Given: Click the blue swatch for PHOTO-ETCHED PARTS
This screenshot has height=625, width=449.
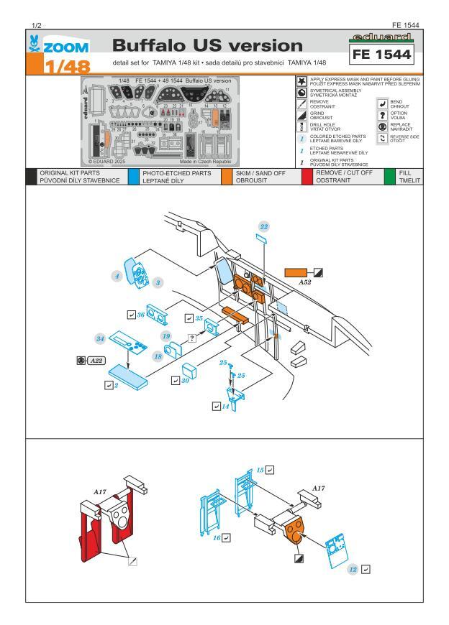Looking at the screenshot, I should [x=135, y=177].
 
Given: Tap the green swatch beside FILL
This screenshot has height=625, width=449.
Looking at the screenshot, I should [x=390, y=177].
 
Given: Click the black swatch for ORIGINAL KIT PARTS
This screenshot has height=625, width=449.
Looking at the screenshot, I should [x=30, y=177].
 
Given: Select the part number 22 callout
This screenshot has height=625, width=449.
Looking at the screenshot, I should [x=264, y=226].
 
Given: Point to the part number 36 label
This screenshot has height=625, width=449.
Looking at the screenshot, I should [x=142, y=315].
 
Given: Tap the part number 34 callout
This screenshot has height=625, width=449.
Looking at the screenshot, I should [x=101, y=338].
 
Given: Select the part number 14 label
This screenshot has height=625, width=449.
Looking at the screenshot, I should [x=226, y=407].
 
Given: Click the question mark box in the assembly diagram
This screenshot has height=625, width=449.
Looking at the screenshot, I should [x=192, y=337].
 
